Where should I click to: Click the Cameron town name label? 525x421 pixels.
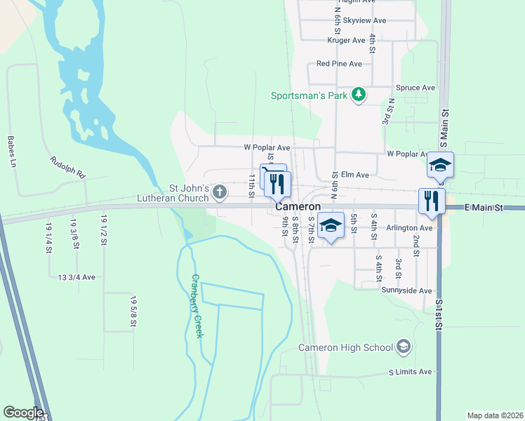pyautogui.click(x=298, y=207)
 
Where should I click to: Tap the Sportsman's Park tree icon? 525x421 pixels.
pyautogui.click(x=359, y=95)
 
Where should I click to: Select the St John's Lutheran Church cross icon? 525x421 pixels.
pyautogui.click(x=220, y=191)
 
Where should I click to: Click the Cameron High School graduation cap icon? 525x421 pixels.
pyautogui.click(x=404, y=347)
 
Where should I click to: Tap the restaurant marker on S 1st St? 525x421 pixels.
pyautogui.click(x=432, y=200)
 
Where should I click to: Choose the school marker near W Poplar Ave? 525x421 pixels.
pyautogui.click(x=440, y=165)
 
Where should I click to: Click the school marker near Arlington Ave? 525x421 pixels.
pyautogui.click(x=331, y=225)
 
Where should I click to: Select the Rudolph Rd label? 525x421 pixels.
pyautogui.click(x=67, y=166)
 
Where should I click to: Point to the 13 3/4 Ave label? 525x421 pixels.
pyautogui.click(x=77, y=278)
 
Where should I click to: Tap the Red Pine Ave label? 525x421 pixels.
pyautogui.click(x=339, y=64)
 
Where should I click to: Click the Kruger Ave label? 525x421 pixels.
pyautogui.click(x=347, y=41)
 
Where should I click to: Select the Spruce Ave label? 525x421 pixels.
pyautogui.click(x=416, y=88)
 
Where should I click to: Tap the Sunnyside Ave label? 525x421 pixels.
pyautogui.click(x=406, y=290)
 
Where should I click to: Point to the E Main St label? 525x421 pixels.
pyautogui.click(x=484, y=208)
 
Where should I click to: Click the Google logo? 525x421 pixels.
pyautogui.click(x=23, y=413)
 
